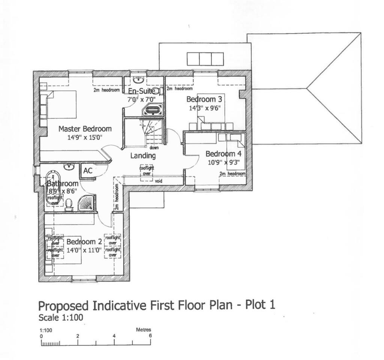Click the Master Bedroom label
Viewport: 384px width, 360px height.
coord(85,129)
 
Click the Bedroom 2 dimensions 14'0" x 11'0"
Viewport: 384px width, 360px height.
coord(84,251)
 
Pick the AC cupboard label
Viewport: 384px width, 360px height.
coord(88,171)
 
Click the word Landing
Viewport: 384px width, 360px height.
coord(143,155)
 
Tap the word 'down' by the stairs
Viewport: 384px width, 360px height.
coord(154,148)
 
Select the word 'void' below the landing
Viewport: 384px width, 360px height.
coord(159,181)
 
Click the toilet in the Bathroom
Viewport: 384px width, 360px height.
coord(69,204)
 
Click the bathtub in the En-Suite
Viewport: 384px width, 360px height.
coord(153,110)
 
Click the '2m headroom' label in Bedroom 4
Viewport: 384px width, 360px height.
coord(232,174)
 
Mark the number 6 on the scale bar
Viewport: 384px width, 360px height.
coord(150,336)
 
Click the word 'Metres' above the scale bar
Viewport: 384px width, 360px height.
coord(143,330)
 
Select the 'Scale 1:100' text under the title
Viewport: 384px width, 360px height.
coord(60,318)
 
